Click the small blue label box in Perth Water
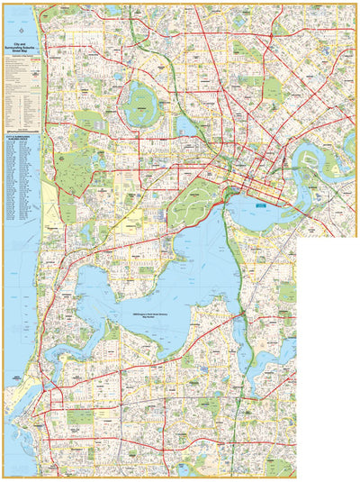pos(262,205)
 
